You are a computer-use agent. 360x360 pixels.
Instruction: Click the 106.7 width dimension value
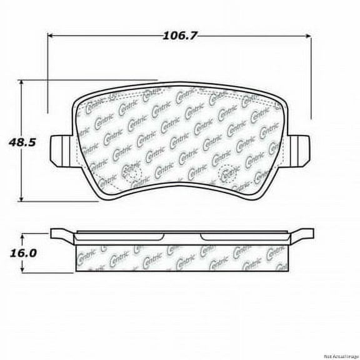pyautogui.click(x=180, y=36)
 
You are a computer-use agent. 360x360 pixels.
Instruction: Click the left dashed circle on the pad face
pyautogui.click(x=133, y=170)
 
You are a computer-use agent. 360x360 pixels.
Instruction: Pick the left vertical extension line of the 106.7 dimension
pyautogui.click(x=48, y=75)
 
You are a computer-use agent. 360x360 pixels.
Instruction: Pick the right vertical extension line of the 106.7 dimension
pyautogui.click(x=311, y=75)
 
